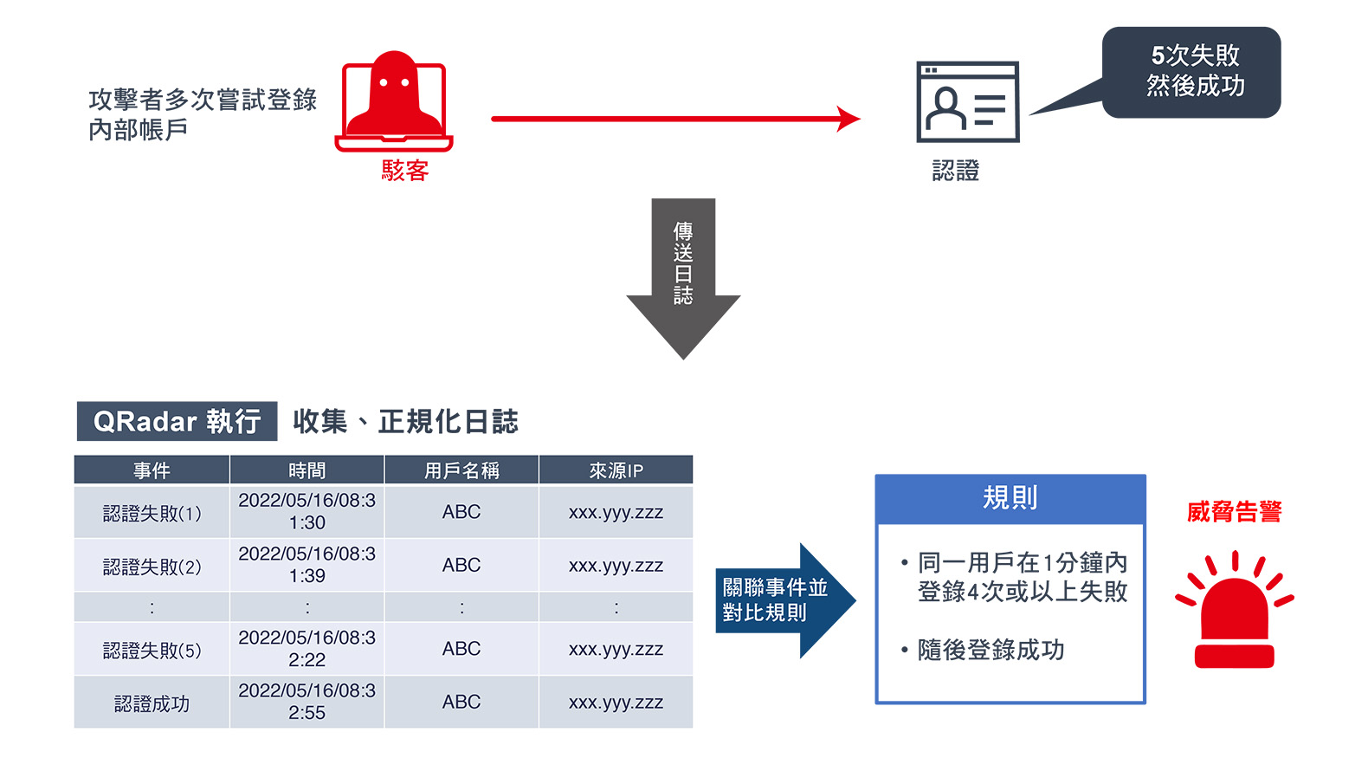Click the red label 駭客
click(405, 171)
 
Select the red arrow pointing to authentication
click(675, 119)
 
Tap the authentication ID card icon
click(967, 102)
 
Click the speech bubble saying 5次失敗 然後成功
click(1191, 72)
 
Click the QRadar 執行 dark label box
click(177, 422)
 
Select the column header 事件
click(152, 470)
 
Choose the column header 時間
click(307, 470)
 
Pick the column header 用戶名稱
click(461, 470)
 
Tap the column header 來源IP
click(616, 470)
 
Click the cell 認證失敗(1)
click(152, 514)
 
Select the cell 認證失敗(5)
click(152, 650)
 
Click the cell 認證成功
click(152, 703)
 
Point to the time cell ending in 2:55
click(307, 703)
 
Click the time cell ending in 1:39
click(307, 565)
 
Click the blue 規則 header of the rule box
click(1010, 498)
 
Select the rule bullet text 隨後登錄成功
click(991, 650)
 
